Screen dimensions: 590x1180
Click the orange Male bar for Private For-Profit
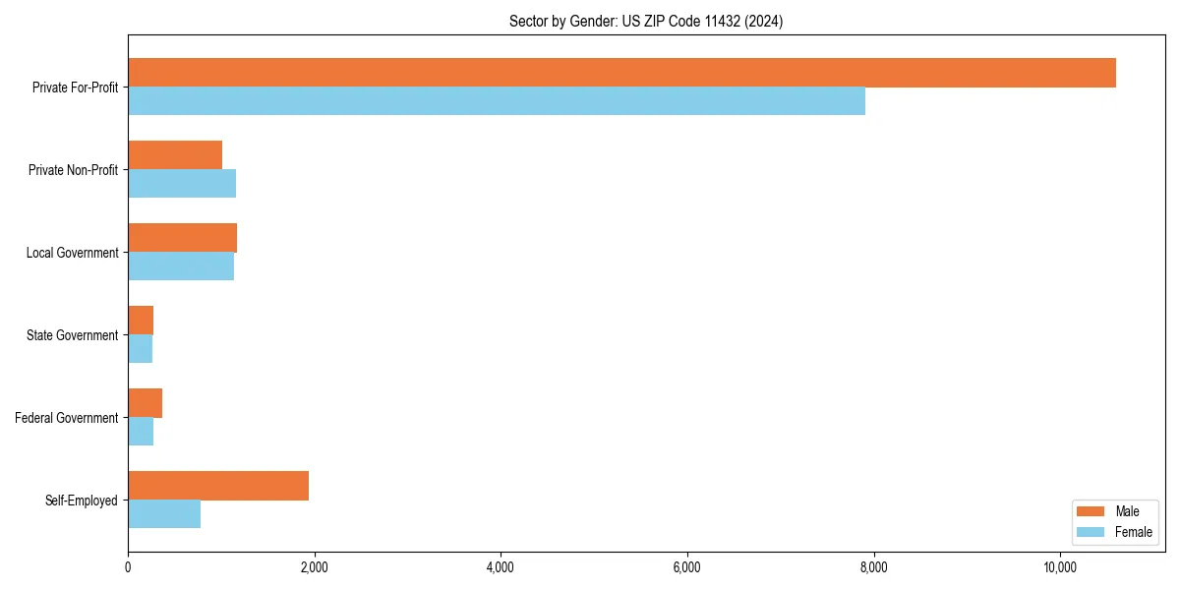621,73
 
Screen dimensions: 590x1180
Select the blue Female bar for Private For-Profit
497,101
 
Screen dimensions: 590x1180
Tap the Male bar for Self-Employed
218,486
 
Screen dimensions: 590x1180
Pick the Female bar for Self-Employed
164,514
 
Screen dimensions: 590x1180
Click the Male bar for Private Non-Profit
175,155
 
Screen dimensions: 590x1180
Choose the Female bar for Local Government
181,266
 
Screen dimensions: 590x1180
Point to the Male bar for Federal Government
145,403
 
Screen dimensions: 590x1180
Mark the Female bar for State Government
140,349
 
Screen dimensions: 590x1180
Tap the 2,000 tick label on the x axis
314,567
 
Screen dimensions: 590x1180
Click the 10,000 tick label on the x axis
1060,567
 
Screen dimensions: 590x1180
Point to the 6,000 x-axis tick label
687,567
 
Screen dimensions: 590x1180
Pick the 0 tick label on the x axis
128,567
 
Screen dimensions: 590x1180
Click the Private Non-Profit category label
73,170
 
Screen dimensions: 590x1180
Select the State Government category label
72,335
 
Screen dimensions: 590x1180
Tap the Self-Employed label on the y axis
81,501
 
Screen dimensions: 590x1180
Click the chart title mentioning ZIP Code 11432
646,21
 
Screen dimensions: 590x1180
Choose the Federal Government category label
66,418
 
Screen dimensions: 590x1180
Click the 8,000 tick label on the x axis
873,567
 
